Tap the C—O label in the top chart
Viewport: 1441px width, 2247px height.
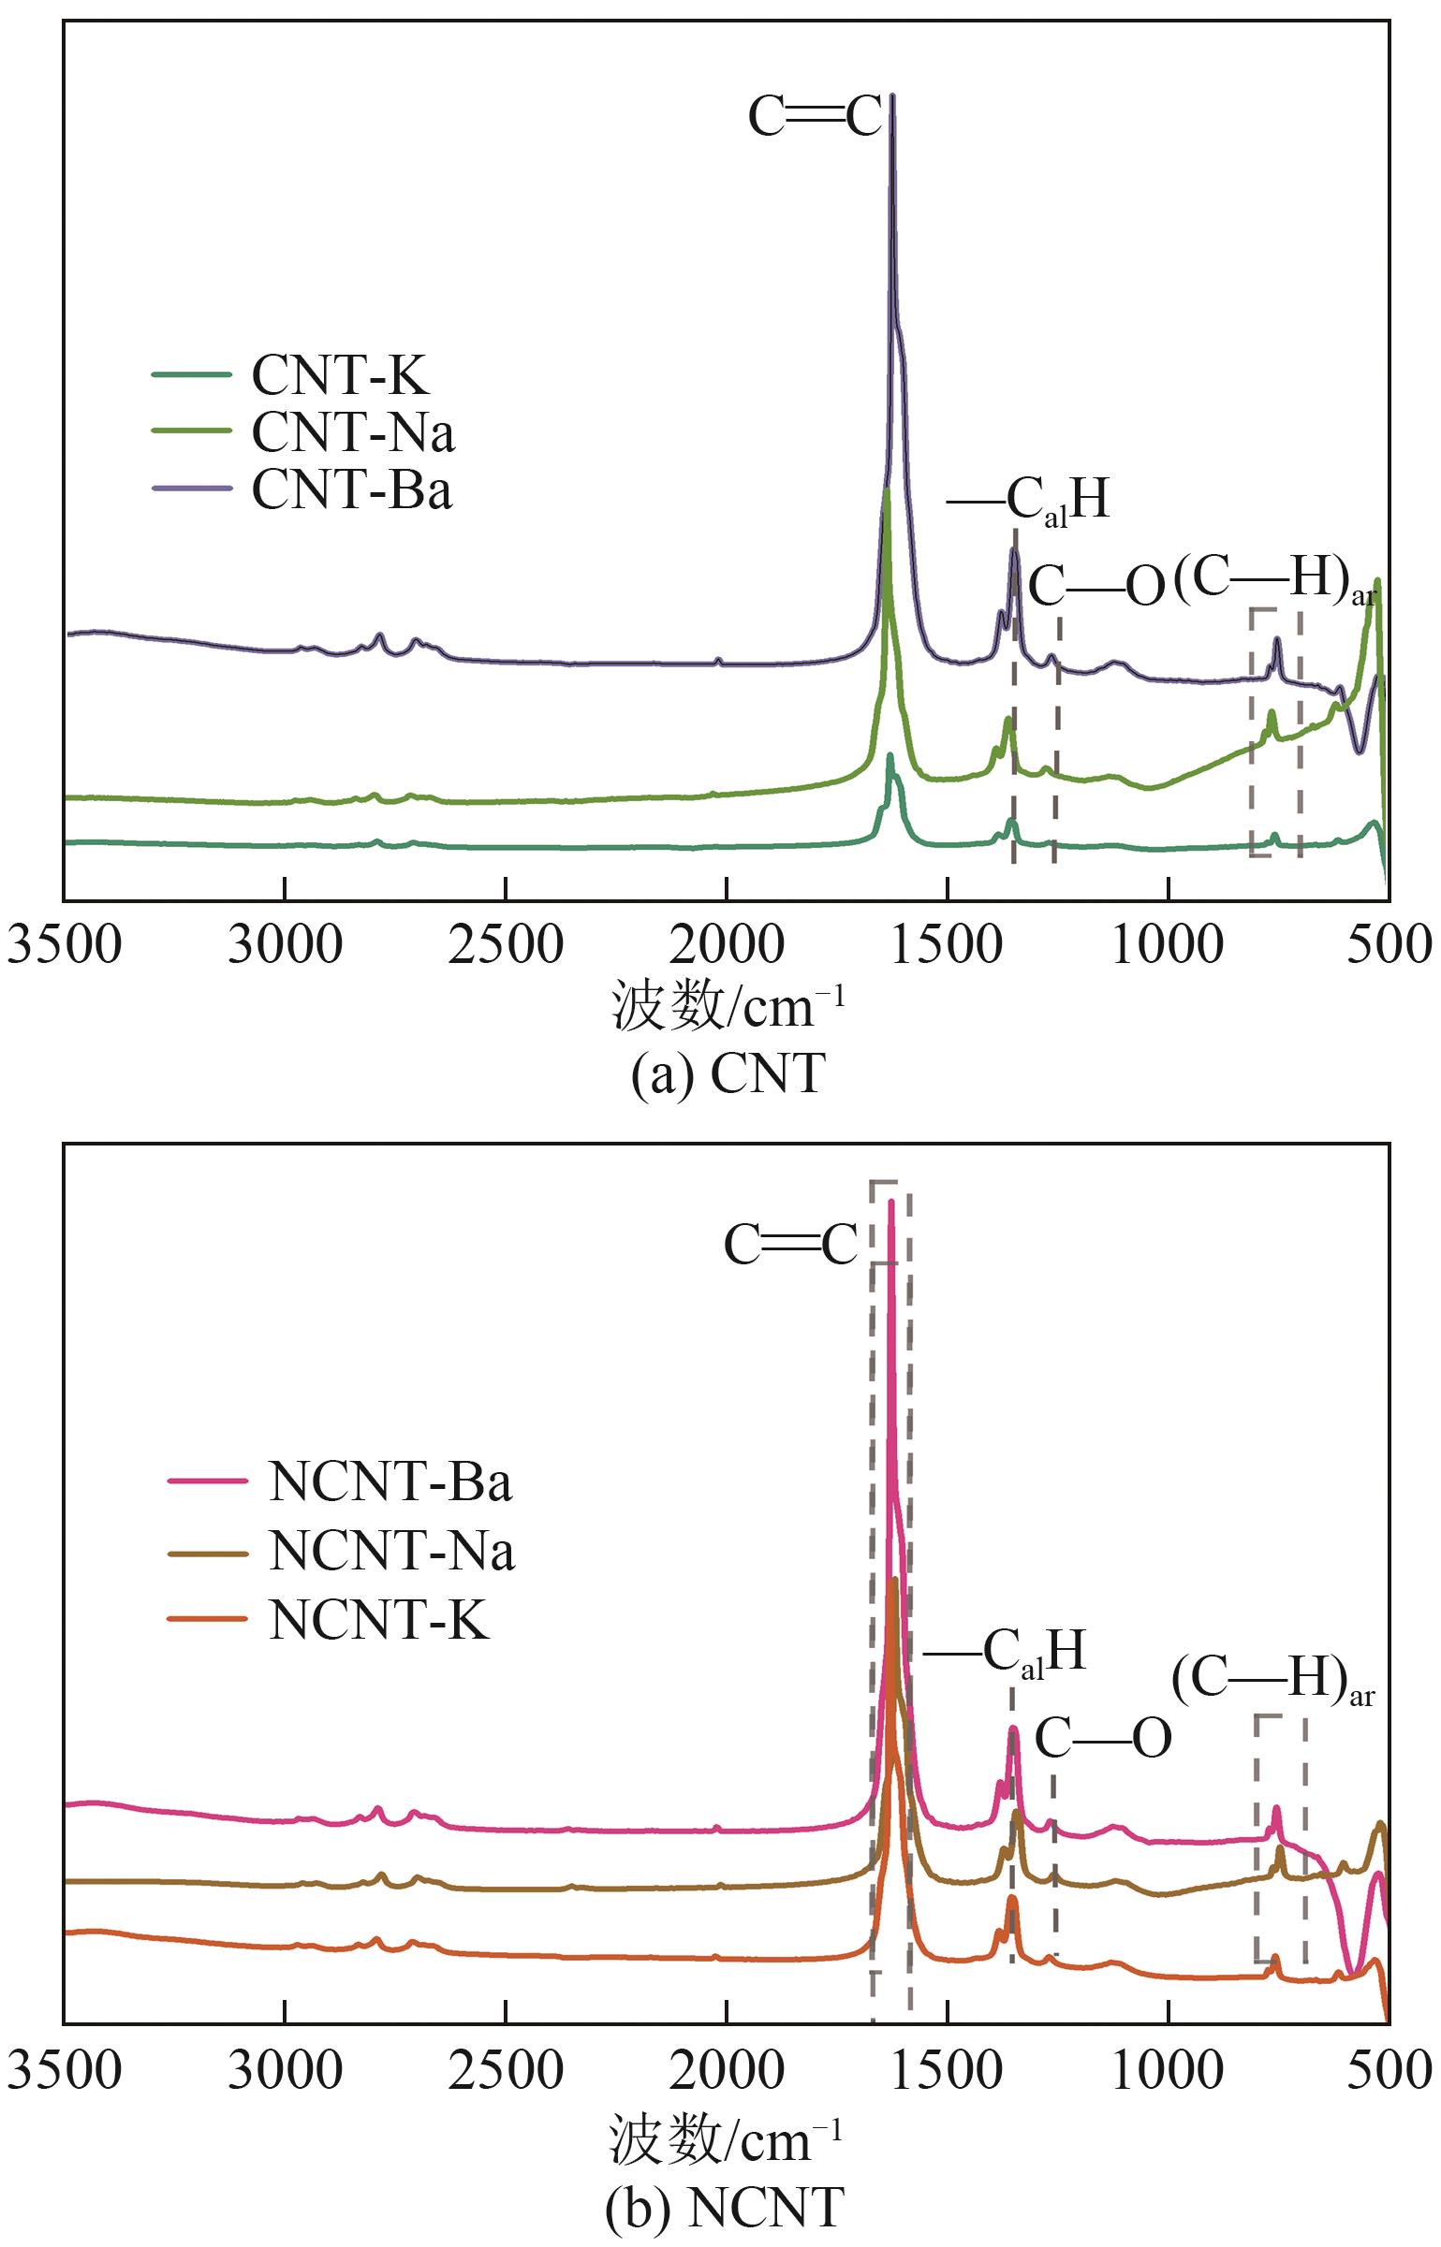(1096, 588)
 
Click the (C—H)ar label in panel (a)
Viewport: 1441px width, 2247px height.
(1274, 580)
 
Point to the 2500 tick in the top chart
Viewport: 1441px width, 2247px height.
(506, 946)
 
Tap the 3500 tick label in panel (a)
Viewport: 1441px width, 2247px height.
(64, 946)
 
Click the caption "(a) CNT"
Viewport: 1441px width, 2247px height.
(728, 1073)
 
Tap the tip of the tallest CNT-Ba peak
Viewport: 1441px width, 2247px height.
(891, 95)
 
